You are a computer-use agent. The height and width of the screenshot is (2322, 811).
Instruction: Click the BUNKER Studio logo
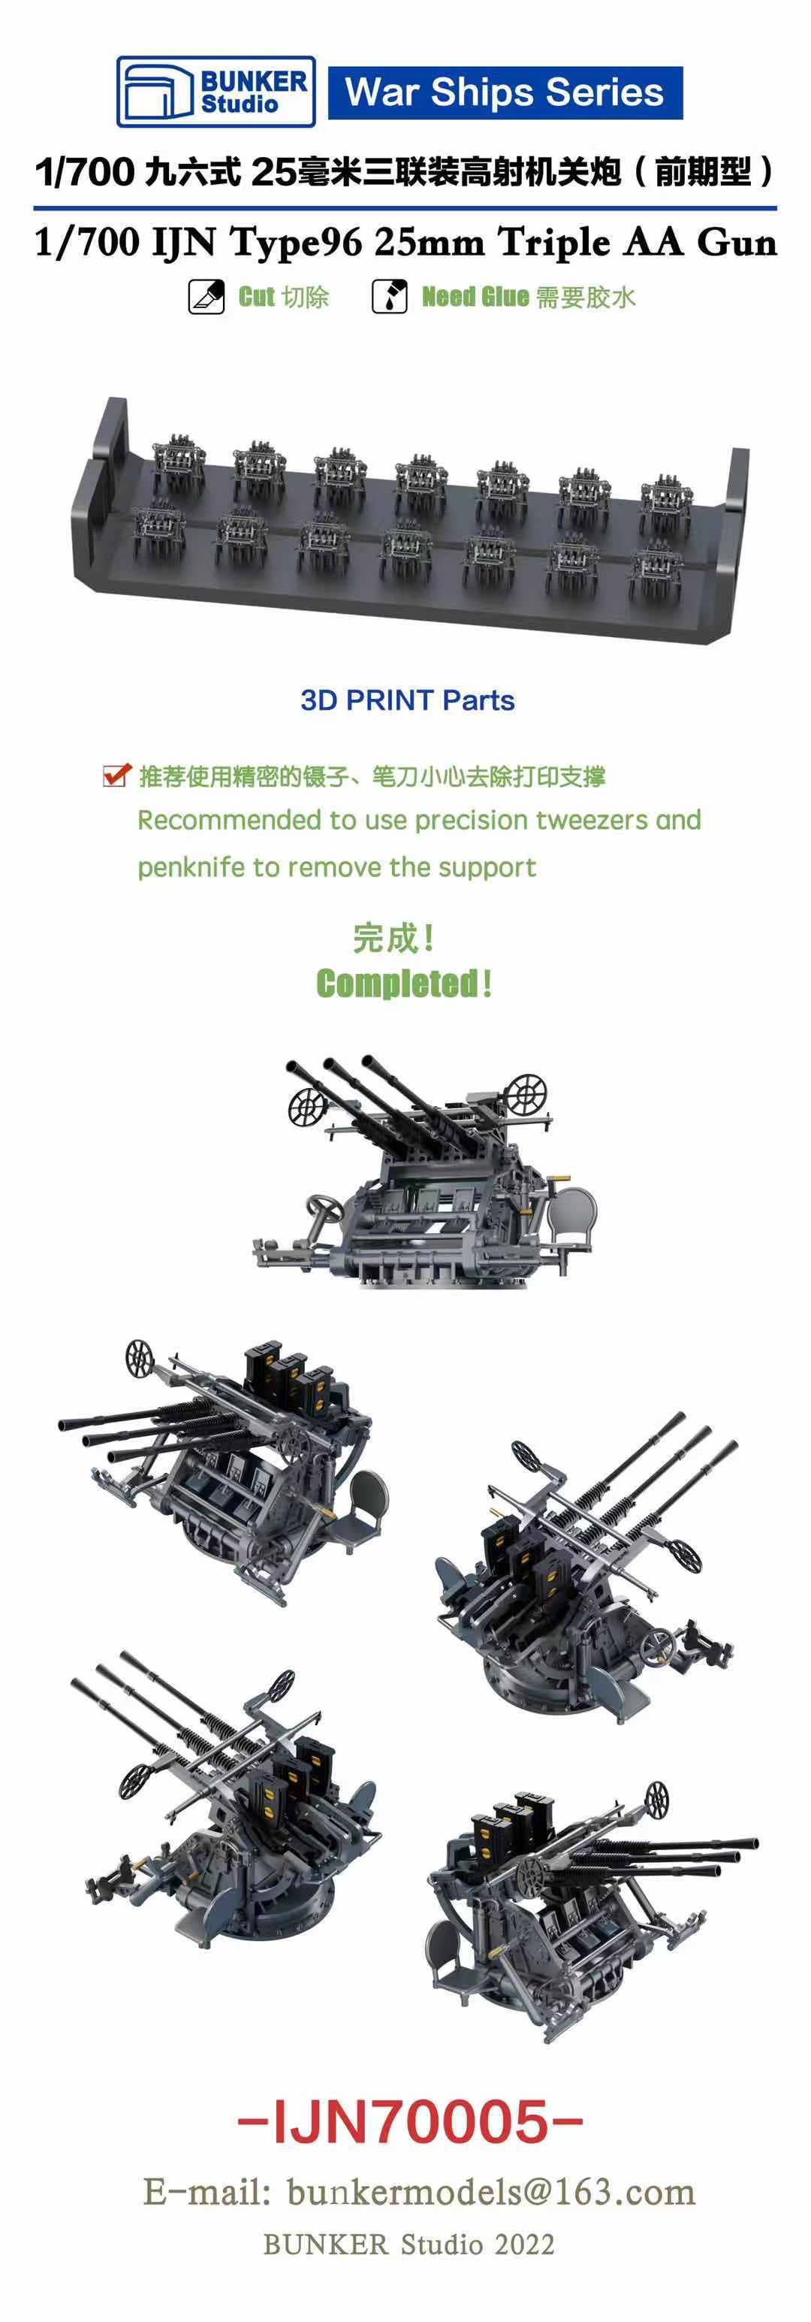pyautogui.click(x=216, y=92)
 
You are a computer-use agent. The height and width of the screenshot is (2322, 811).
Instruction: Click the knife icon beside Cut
pyautogui.click(x=206, y=297)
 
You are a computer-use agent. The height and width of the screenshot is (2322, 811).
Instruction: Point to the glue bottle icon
pyautogui.click(x=389, y=297)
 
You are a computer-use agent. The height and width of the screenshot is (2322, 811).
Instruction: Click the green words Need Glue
pyautogui.click(x=475, y=297)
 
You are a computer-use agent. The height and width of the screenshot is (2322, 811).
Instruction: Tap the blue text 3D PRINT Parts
pyautogui.click(x=407, y=700)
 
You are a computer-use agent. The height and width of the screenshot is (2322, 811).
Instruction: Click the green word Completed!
pyautogui.click(x=404, y=984)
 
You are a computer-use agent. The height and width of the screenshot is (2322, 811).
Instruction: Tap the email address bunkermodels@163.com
pyautogui.click(x=490, y=2191)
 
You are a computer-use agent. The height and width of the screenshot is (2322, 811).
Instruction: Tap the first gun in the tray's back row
pyautogui.click(x=176, y=461)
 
